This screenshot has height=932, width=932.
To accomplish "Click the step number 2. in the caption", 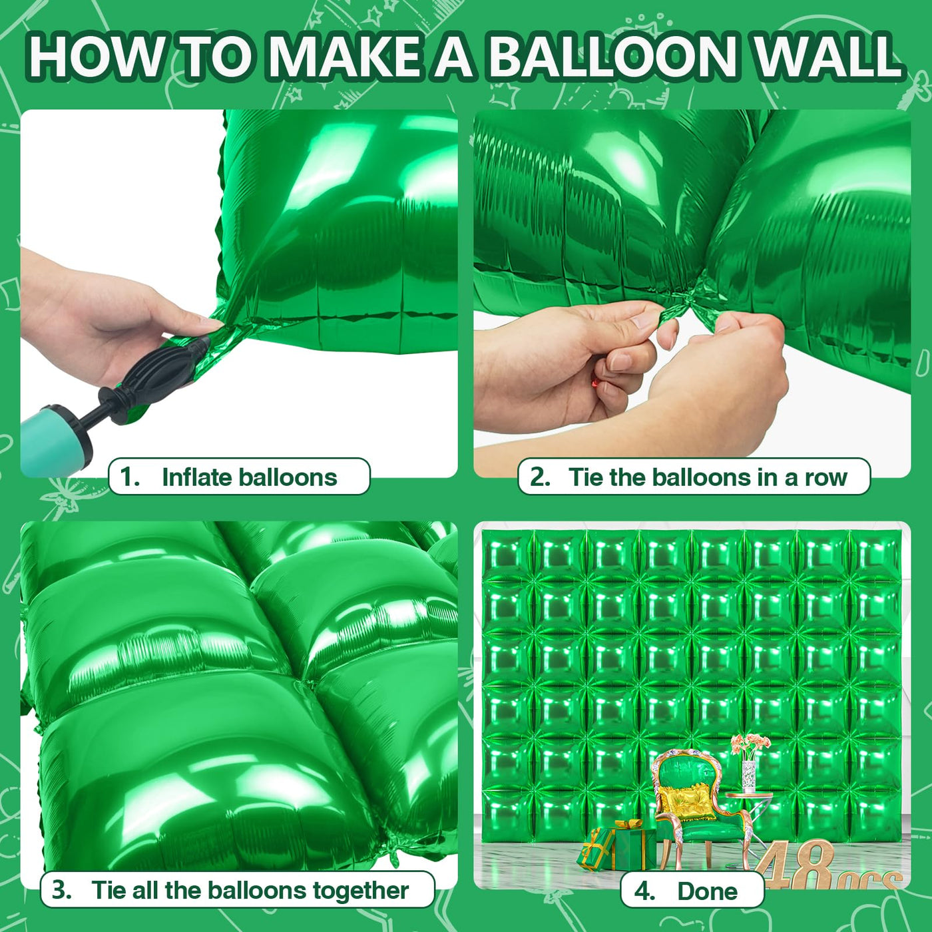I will pyautogui.click(x=540, y=477).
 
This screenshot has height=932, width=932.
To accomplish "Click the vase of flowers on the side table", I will pyautogui.click(x=749, y=766).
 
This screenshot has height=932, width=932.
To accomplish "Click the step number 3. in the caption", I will pyautogui.click(x=61, y=890).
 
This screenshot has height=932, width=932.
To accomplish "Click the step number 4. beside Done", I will pyautogui.click(x=644, y=891).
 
